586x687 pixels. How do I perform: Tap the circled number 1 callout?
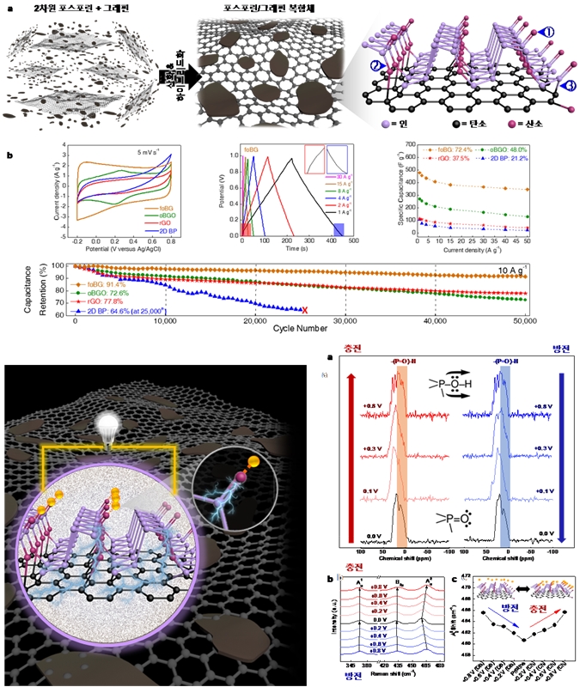click(549, 33)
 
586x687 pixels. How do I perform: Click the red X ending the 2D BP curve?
click(305, 310)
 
